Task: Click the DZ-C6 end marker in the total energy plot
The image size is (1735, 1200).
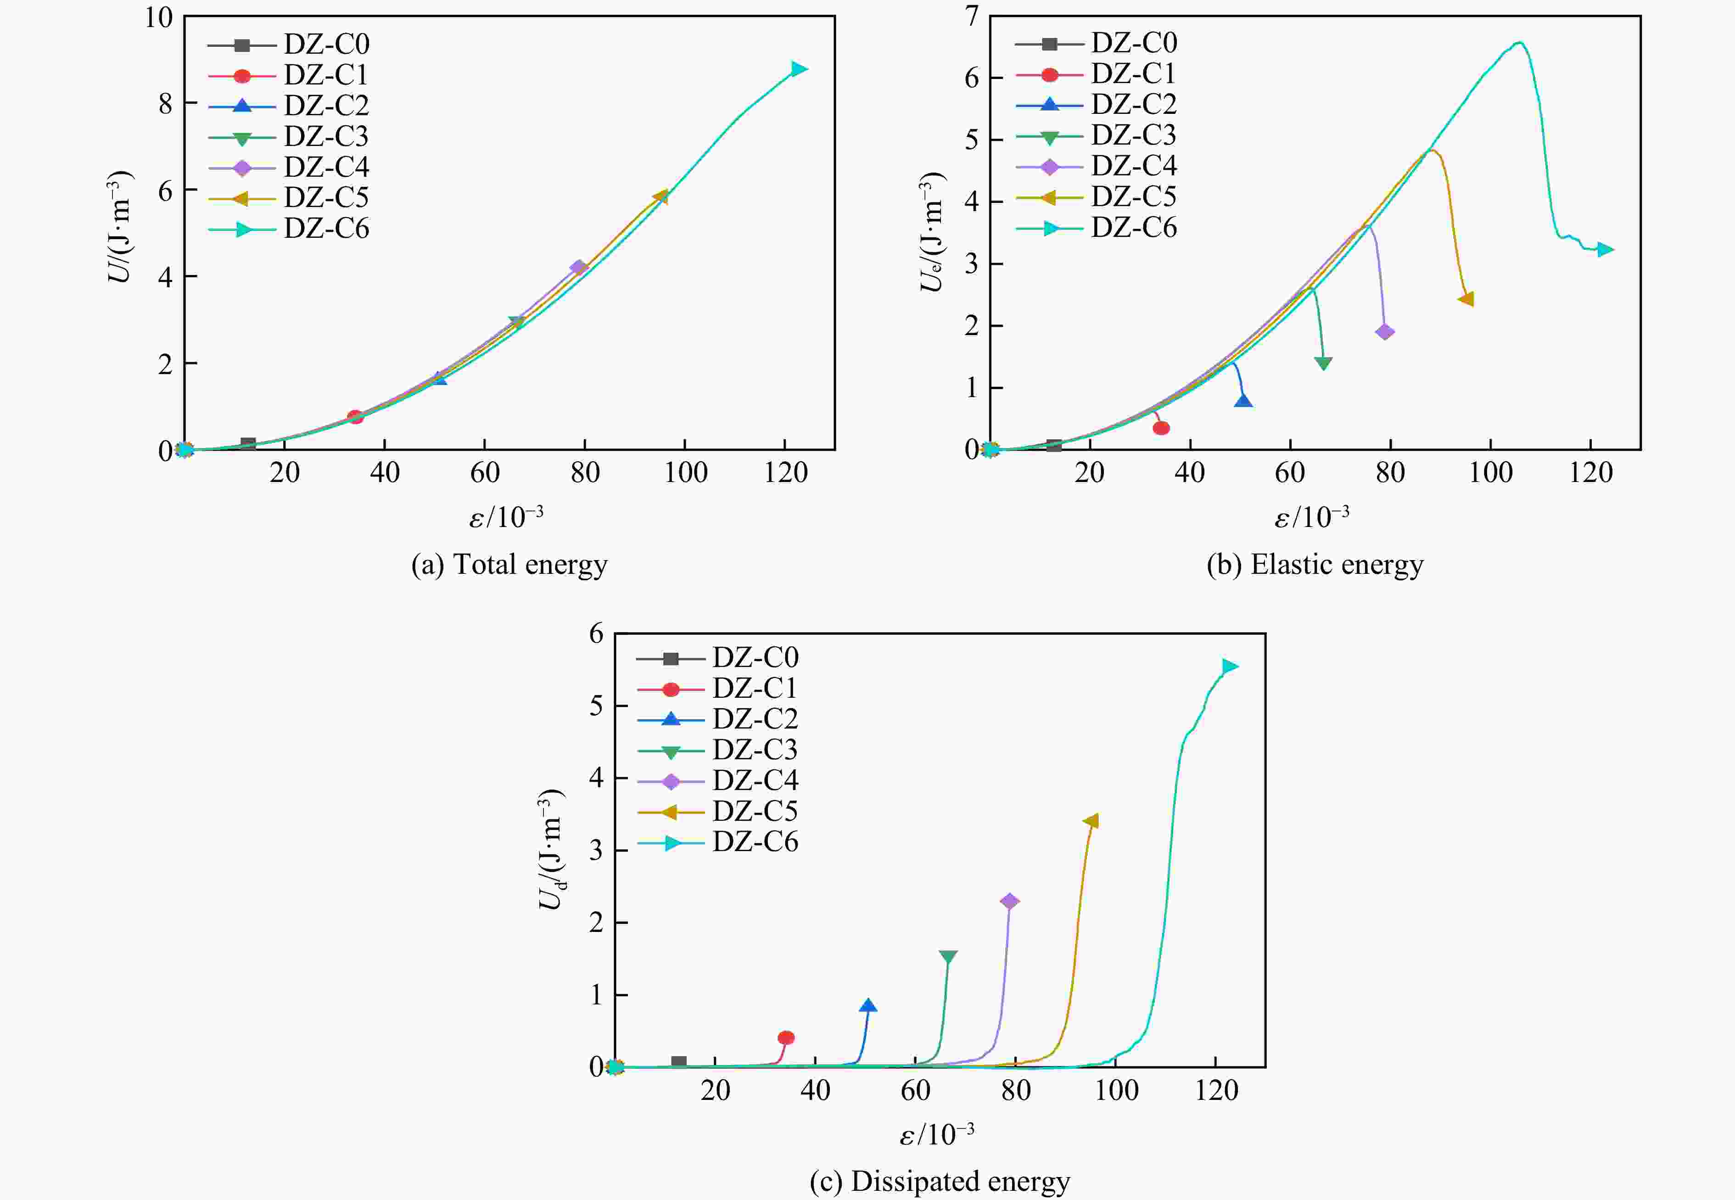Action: tap(798, 69)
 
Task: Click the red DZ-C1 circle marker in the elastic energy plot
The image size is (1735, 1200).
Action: tap(1161, 428)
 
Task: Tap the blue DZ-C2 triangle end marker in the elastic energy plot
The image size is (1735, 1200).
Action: tap(1243, 401)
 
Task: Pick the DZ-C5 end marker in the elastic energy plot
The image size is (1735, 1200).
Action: tap(1466, 299)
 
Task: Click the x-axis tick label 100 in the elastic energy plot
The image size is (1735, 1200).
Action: tap(1491, 473)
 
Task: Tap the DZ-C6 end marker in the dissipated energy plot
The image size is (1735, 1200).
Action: tap(1229, 666)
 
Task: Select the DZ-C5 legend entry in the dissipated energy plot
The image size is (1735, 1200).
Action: tap(755, 811)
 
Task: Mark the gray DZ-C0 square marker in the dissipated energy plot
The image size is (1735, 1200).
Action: tap(679, 1062)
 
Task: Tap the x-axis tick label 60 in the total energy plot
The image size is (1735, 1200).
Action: tap(485, 473)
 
